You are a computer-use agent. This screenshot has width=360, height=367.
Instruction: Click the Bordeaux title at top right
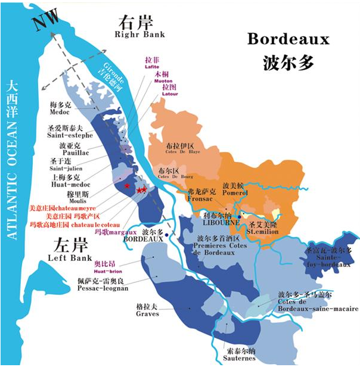pyautogui.click(x=288, y=41)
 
